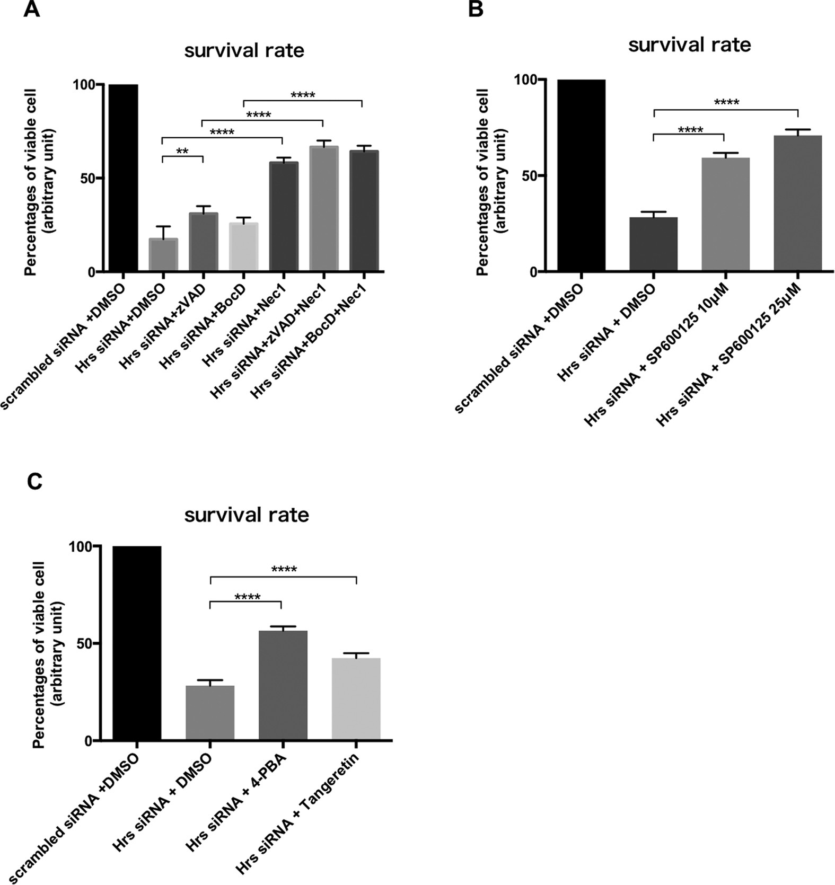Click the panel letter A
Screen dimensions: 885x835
tap(31, 10)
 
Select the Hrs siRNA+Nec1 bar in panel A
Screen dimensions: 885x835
tap(283, 217)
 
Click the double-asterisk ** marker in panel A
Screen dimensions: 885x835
tap(182, 151)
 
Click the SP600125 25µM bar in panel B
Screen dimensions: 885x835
tap(797, 203)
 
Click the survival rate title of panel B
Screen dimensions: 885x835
tap(689, 45)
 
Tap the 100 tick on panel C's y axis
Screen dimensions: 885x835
tap(81, 546)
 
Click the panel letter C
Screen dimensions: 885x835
tap(34, 482)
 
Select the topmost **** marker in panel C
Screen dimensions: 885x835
tap(284, 570)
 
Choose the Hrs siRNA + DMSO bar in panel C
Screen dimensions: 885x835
tap(210, 712)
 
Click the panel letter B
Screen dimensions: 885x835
tap(476, 9)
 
